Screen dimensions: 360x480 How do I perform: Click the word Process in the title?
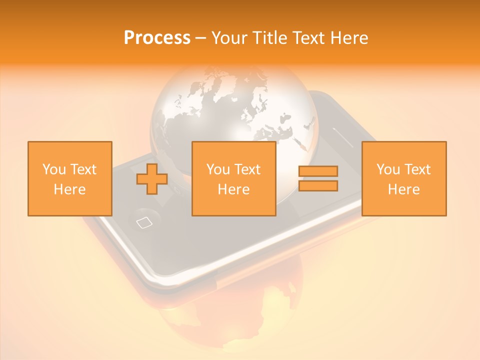[157, 38]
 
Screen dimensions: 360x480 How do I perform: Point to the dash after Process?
[201, 38]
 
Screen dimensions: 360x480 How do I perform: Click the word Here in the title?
[348, 38]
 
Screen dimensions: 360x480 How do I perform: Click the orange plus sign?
[152, 179]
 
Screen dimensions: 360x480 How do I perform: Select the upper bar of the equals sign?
[318, 171]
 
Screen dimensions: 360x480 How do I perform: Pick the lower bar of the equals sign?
[318, 186]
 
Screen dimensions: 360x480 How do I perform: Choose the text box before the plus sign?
[70, 178]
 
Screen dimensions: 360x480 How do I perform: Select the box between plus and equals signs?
[234, 178]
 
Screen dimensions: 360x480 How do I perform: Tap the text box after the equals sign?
[404, 178]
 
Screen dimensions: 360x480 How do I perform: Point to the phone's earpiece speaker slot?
[343, 134]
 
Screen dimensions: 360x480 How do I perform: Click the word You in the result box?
[387, 169]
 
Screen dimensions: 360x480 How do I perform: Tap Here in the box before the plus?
[70, 189]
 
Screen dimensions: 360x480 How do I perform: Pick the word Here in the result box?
[404, 189]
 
